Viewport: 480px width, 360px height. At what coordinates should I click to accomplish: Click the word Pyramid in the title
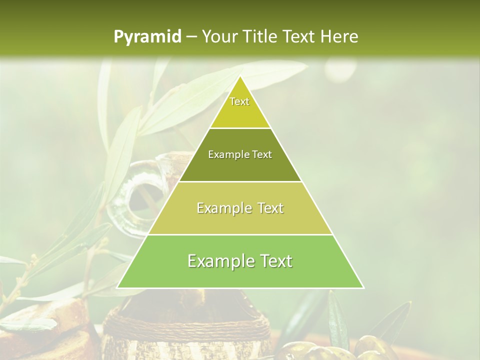147,37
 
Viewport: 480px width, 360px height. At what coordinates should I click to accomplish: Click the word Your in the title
218,36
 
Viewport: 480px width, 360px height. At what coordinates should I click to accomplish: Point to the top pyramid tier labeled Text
240,107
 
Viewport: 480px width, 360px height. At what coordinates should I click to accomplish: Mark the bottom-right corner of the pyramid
363,287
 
